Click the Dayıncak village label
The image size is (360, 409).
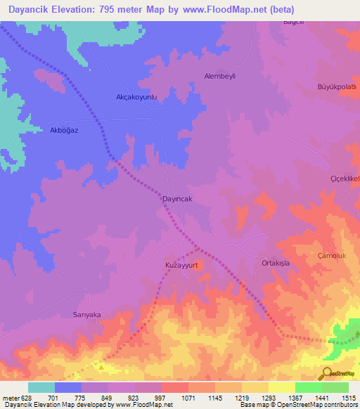coord(172,199)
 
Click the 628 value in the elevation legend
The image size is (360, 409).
coord(22,398)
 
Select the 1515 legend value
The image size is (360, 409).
coord(348,398)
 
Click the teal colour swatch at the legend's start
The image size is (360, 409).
coord(41,387)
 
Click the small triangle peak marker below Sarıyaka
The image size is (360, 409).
coord(102,366)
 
